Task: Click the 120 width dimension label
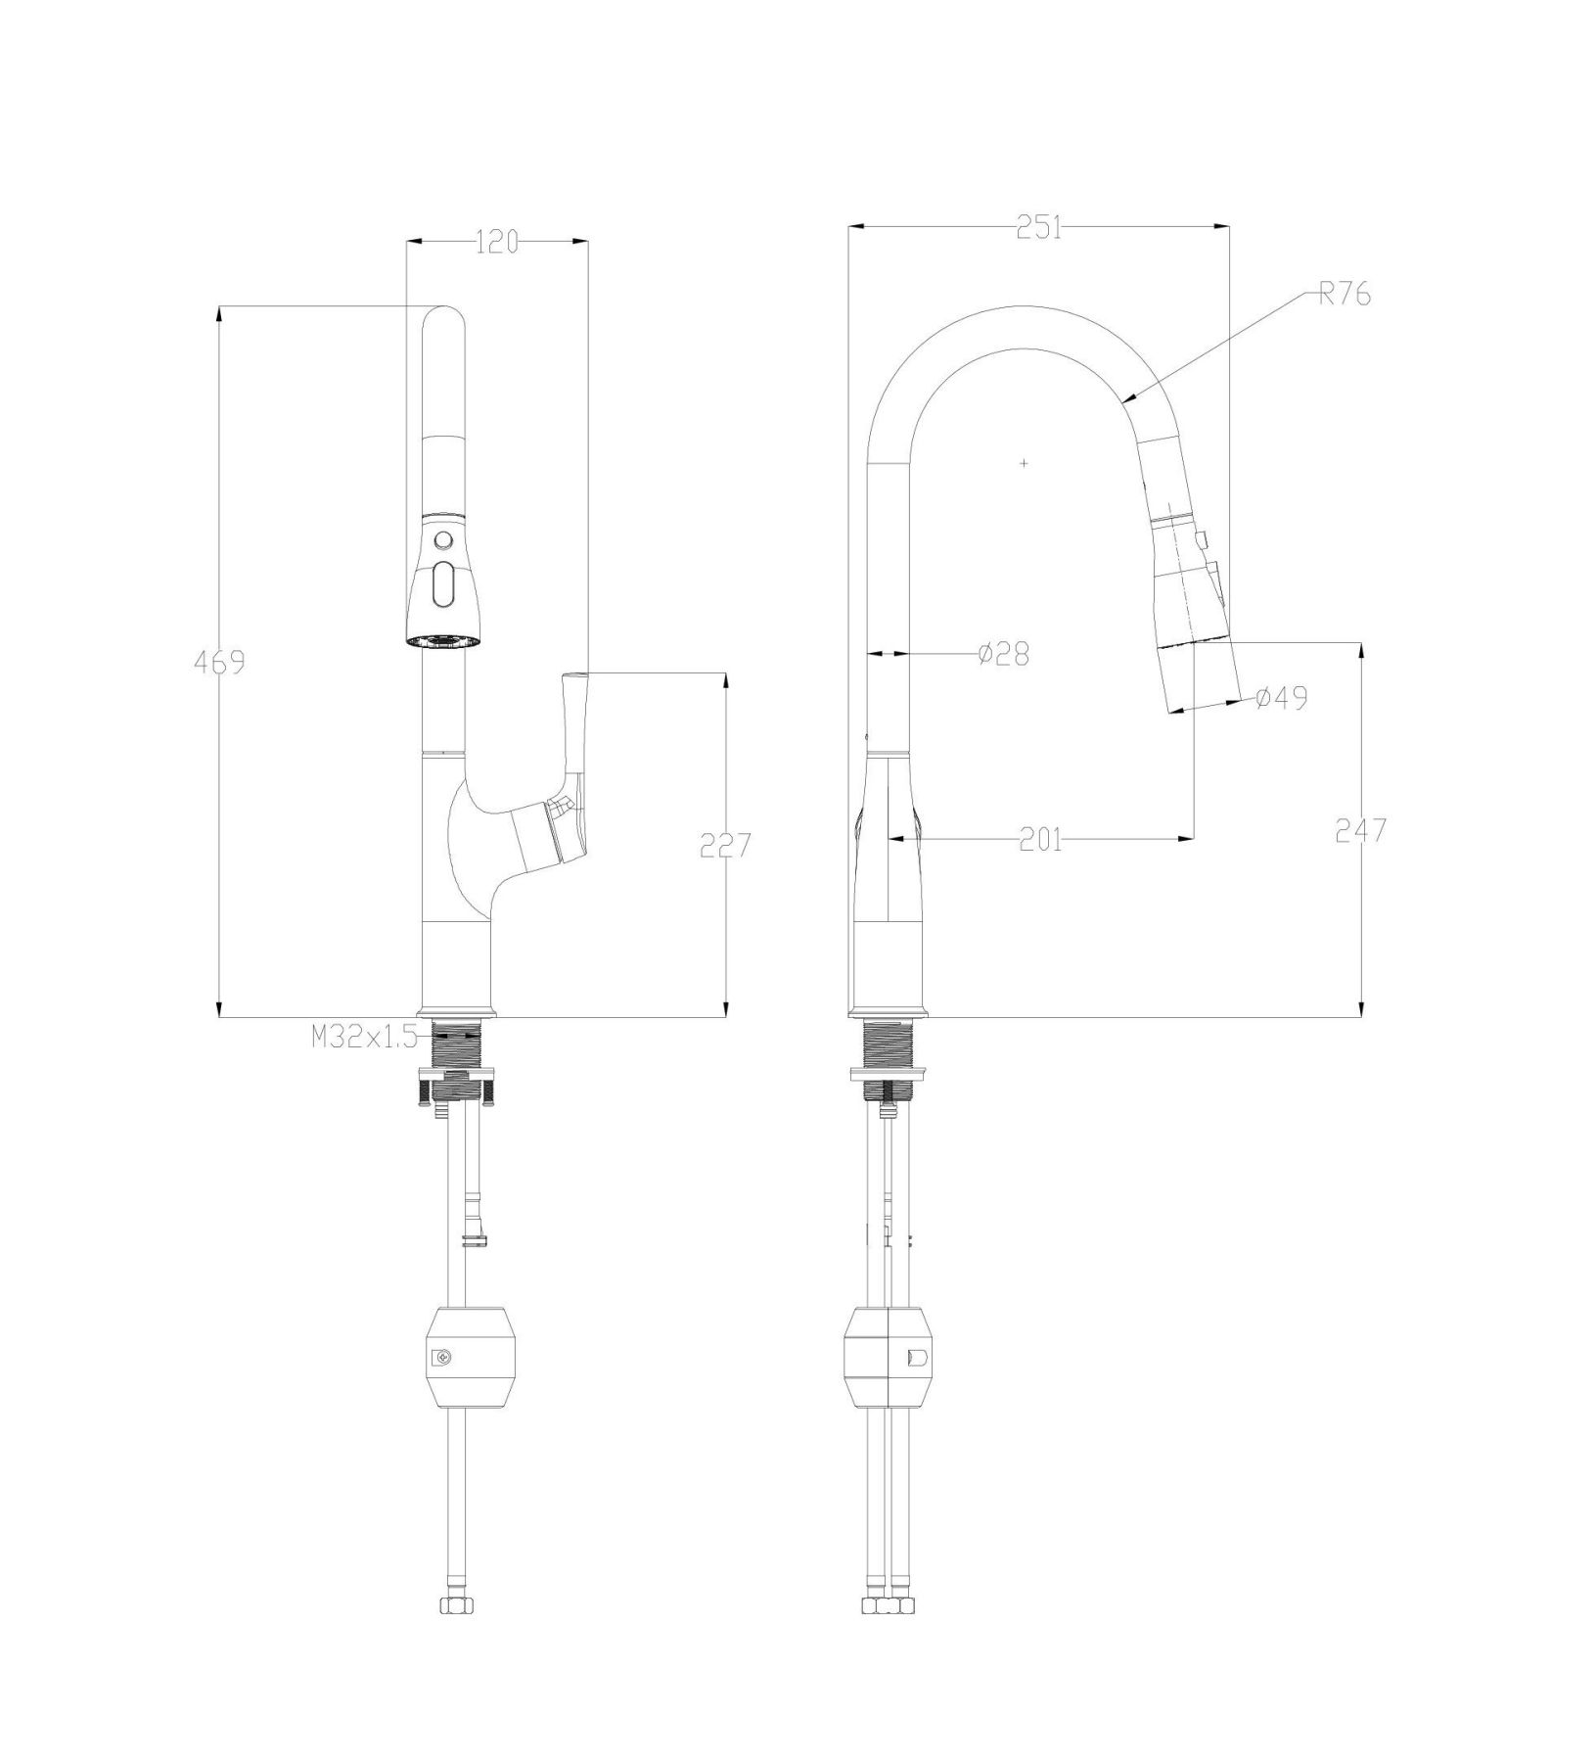click(x=497, y=242)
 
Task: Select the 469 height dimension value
click(x=219, y=662)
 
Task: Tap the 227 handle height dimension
click(x=725, y=844)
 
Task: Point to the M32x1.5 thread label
click(x=365, y=1036)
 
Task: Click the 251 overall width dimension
click(x=1039, y=227)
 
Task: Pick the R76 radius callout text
click(x=1345, y=294)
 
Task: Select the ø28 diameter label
click(x=1004, y=653)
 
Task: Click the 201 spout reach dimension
click(x=1040, y=839)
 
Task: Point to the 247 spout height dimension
click(x=1361, y=830)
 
